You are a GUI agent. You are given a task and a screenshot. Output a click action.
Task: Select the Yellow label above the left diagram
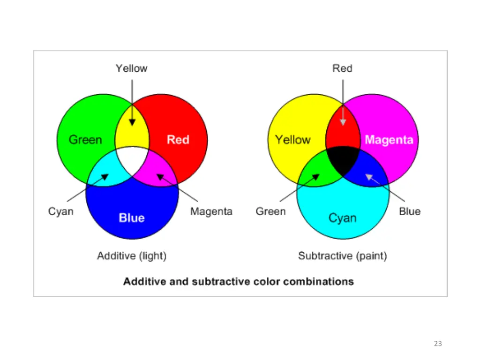[x=131, y=68]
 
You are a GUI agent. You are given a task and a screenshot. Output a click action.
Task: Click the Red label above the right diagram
[x=342, y=68]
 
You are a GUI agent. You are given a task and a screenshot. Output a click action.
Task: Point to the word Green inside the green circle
[x=85, y=140]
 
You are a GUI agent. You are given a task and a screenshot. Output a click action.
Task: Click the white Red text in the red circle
[x=178, y=140]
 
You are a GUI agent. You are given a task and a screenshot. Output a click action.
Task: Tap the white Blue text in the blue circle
[x=132, y=218]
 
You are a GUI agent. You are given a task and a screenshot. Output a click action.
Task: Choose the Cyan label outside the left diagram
[x=61, y=211]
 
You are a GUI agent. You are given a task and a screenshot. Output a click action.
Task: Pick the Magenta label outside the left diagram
[x=211, y=211]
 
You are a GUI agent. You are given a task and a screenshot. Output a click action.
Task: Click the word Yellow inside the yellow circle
[x=293, y=140]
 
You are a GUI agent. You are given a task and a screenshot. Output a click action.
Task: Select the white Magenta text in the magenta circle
[x=389, y=140]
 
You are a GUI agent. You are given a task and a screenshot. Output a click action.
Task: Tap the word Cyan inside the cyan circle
[x=342, y=218]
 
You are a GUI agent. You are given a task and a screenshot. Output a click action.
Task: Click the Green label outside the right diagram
[x=270, y=211]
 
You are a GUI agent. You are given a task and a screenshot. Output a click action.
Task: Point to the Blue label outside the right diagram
[x=410, y=211]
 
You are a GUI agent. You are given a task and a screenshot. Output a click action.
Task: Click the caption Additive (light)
[x=132, y=256]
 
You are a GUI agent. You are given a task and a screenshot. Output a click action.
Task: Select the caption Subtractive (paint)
[x=343, y=256]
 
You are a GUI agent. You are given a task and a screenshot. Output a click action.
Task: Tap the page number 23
[x=438, y=344]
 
